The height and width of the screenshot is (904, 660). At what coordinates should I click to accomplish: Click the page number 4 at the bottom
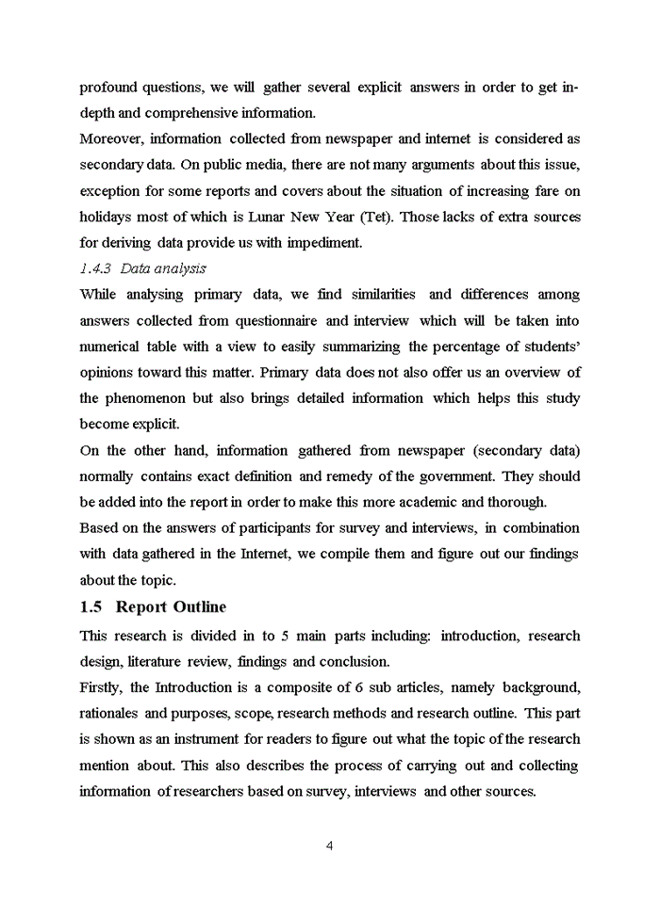pyautogui.click(x=329, y=845)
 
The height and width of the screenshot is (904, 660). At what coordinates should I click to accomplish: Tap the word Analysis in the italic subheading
pyautogui.click(x=177, y=268)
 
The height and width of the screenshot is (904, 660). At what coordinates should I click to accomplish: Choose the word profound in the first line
pyautogui.click(x=108, y=88)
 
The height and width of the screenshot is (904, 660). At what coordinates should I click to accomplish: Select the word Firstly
pyautogui.click(x=101, y=687)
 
